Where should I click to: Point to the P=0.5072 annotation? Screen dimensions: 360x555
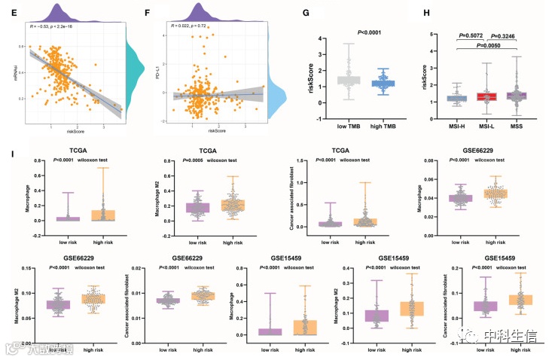click(471, 35)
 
